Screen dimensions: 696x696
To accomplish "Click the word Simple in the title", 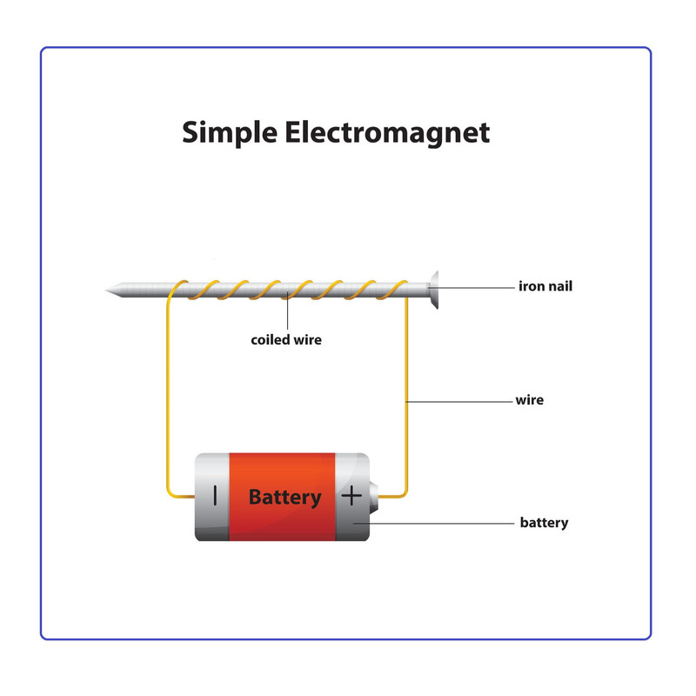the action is point(230,133).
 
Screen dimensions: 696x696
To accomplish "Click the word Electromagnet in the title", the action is point(387,133).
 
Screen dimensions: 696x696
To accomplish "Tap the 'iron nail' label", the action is point(545,286).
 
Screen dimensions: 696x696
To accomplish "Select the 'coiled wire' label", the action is point(286,340).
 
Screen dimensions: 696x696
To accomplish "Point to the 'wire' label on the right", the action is point(529,400).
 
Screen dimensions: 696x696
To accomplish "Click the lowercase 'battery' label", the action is point(544,523).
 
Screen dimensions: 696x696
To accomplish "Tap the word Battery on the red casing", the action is point(285,497).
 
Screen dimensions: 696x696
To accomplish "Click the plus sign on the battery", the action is point(351,495).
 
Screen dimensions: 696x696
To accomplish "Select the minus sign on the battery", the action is point(215,495).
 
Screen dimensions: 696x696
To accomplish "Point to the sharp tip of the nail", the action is point(106,291).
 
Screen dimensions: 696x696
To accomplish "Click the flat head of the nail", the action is point(433,290).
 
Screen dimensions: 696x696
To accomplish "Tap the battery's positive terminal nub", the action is point(374,497).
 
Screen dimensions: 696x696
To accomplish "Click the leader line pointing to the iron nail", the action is point(472,288).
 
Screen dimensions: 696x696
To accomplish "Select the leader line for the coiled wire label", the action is point(288,311).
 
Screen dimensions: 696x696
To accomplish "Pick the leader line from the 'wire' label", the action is point(459,402).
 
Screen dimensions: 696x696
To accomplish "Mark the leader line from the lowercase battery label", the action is point(433,524).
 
